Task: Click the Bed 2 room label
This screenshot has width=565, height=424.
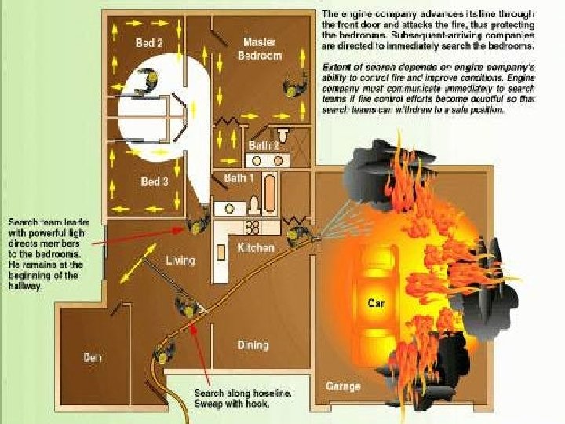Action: [148, 43]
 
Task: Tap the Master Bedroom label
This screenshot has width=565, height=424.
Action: [259, 49]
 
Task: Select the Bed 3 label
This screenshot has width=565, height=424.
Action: [154, 182]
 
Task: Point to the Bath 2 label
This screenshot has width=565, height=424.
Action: [264, 145]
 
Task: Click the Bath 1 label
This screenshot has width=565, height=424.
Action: [239, 178]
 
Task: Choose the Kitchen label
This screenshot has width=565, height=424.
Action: [256, 248]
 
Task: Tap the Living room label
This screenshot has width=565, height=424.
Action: [180, 260]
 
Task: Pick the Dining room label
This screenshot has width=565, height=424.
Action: [253, 345]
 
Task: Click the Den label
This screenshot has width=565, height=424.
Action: [93, 358]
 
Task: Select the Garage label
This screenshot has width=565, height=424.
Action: [343, 386]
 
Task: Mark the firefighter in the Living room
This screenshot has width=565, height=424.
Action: [187, 305]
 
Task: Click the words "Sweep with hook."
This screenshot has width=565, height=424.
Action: [232, 404]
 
